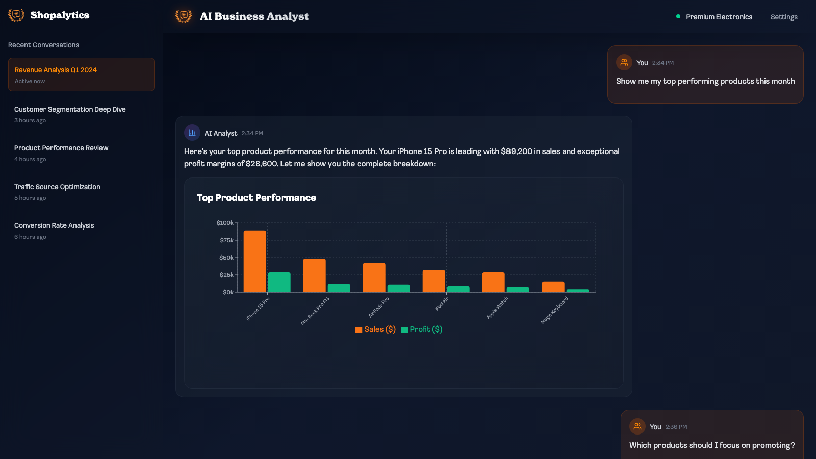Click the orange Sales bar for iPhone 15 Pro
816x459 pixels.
[254, 261]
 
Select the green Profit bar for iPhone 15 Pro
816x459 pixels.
[279, 283]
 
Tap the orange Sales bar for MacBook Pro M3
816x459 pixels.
[314, 275]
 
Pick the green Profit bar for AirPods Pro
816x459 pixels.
[398, 289]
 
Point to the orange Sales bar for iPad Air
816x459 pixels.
[434, 281]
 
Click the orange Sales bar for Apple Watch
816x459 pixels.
[494, 283]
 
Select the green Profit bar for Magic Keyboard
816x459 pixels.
[578, 291]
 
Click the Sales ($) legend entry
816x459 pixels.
[375, 329]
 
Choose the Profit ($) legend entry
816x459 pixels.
[421, 329]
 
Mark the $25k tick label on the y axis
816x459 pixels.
[226, 275]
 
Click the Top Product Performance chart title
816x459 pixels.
[257, 198]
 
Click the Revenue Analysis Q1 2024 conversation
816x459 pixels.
[81, 74]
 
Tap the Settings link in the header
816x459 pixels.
[784, 17]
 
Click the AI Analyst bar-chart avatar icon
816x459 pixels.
[192, 133]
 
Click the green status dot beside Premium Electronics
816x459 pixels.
[678, 16]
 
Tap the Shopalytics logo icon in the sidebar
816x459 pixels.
[16, 15]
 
